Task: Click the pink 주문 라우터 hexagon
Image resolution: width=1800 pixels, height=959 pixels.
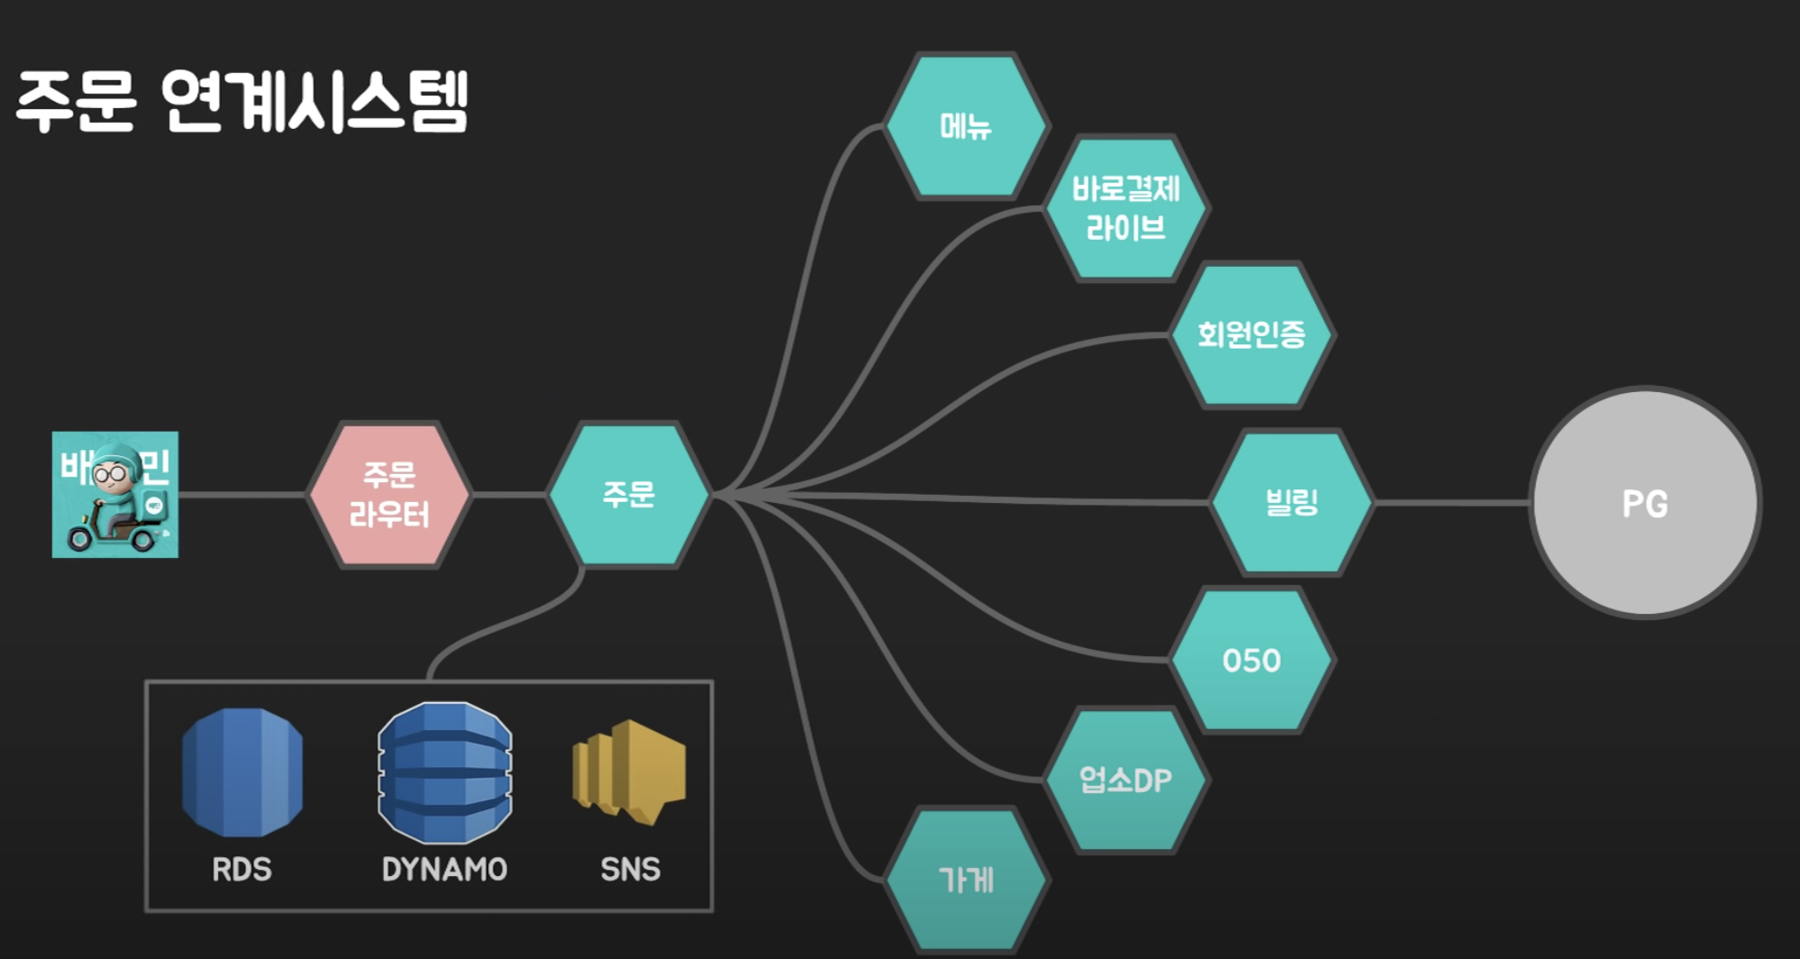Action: click(x=389, y=495)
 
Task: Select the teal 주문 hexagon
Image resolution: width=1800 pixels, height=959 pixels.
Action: click(x=629, y=494)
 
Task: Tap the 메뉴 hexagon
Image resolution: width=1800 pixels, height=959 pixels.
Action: click(x=966, y=126)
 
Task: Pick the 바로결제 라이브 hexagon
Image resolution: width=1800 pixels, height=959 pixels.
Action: click(x=1126, y=208)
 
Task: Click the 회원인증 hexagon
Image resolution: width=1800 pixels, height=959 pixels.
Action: click(x=1251, y=334)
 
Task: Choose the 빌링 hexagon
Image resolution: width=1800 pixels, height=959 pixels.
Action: click(x=1292, y=502)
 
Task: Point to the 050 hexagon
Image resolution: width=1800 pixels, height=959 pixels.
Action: click(x=1251, y=661)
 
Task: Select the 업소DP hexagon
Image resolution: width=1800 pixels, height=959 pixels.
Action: click(x=1126, y=780)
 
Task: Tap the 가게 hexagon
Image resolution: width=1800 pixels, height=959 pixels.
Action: click(x=966, y=880)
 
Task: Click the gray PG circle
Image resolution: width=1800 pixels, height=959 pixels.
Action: click(x=1645, y=503)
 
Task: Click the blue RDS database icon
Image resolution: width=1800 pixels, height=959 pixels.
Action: click(x=242, y=772)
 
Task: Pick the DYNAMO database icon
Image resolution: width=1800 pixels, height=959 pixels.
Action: click(x=445, y=772)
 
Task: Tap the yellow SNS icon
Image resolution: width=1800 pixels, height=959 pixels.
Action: click(x=630, y=771)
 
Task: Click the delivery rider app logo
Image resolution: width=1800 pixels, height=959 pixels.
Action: click(x=115, y=495)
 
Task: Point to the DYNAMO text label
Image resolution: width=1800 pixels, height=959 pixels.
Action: click(x=444, y=870)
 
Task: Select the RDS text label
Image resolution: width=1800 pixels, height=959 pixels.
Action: click(x=241, y=870)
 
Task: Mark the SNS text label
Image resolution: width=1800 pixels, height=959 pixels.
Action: click(x=630, y=870)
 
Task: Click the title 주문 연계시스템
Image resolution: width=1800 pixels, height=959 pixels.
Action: click(x=242, y=102)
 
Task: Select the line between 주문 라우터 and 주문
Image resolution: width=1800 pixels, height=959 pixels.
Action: click(x=509, y=495)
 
